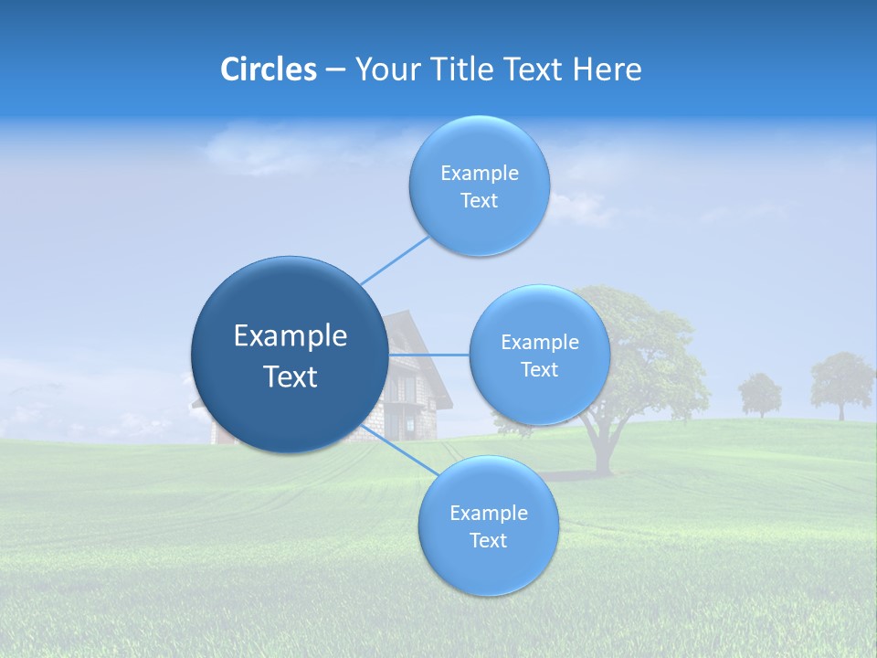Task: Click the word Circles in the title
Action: click(269, 69)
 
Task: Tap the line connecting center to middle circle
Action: click(428, 355)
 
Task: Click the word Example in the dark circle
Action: click(291, 336)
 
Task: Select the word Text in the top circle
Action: click(479, 201)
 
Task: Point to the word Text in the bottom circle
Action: click(488, 541)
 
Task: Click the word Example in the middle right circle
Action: click(539, 343)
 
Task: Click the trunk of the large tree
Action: click(600, 448)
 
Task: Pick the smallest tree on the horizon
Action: click(759, 393)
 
